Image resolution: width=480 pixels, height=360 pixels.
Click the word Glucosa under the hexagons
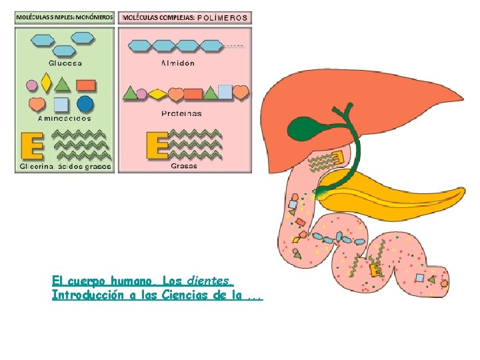click(x=65, y=63)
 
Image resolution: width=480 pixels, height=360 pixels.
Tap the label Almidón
click(x=178, y=63)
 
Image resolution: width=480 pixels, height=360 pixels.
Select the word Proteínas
click(x=181, y=113)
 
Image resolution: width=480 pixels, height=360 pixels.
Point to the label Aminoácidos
click(x=64, y=117)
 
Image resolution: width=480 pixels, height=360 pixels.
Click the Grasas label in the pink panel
click(x=184, y=165)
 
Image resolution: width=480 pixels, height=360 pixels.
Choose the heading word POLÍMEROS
click(x=223, y=17)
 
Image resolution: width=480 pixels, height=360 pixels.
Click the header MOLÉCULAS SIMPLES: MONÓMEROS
click(x=65, y=17)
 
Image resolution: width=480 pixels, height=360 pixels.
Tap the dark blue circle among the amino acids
click(x=85, y=104)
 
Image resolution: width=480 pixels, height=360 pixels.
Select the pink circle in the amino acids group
click(x=31, y=85)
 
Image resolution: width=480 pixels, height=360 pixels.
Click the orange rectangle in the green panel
click(x=85, y=85)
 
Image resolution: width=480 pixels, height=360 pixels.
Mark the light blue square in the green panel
click(x=61, y=105)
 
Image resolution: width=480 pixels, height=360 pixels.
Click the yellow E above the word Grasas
click(x=157, y=146)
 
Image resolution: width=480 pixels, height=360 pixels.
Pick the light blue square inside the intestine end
click(x=420, y=277)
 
